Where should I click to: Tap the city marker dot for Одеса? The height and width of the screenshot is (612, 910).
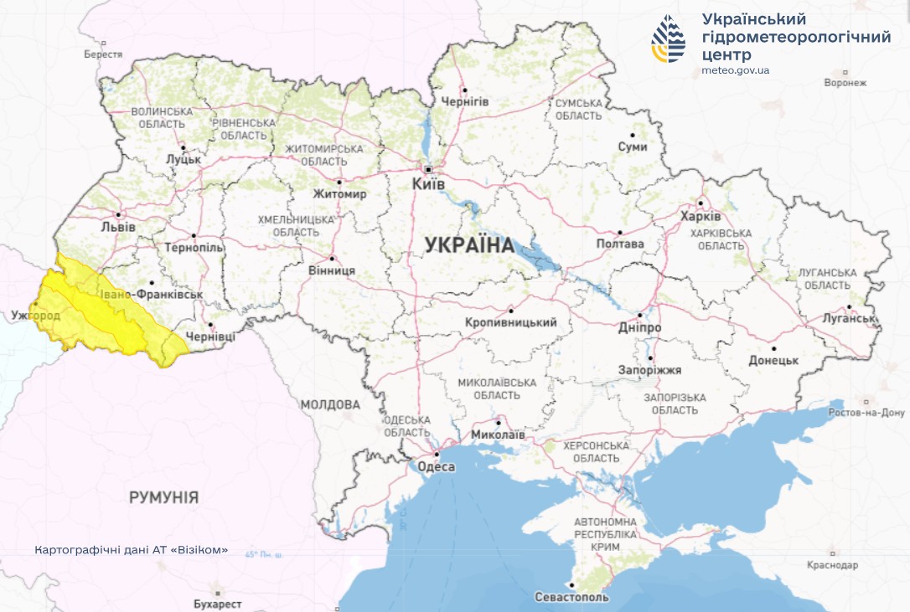click(437, 455)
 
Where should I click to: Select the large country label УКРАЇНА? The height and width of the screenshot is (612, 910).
click(469, 245)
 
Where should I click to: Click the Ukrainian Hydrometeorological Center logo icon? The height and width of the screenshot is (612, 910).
click(668, 39)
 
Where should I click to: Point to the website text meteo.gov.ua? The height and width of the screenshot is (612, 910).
click(735, 70)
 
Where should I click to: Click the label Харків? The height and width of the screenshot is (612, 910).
click(700, 216)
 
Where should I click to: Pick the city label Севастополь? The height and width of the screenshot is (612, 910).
click(571, 598)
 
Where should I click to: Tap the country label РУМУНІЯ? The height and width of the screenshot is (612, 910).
click(164, 497)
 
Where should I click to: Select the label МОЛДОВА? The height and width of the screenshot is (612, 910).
click(330, 405)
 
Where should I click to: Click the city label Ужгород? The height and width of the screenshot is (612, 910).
click(36, 316)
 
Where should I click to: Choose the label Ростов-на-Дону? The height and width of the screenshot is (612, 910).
click(866, 413)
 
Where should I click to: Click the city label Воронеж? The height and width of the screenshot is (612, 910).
click(845, 83)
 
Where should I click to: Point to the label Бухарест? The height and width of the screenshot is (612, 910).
click(217, 604)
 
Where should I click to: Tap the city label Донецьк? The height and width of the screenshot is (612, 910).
click(773, 361)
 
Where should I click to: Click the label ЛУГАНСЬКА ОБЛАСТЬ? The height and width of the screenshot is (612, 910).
click(827, 279)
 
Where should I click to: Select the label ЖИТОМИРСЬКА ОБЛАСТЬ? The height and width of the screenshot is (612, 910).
click(324, 155)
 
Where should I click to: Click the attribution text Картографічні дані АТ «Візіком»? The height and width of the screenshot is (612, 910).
click(132, 551)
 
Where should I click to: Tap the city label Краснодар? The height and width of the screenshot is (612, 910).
click(833, 565)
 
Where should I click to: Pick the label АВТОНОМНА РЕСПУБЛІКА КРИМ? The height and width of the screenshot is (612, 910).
click(605, 533)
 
